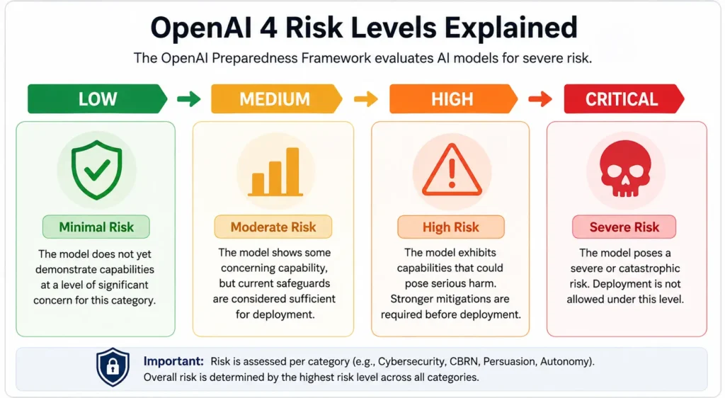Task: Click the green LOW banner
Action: click(97, 99)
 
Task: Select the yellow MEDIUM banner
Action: click(277, 99)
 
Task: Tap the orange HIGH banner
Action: click(453, 99)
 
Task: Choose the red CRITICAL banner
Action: click(624, 99)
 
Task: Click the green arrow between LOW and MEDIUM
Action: click(188, 99)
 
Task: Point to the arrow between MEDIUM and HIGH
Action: click(366, 99)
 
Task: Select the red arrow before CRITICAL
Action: click(540, 99)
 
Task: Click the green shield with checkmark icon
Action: click(96, 170)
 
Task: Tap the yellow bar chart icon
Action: click(275, 171)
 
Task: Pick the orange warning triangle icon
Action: click(452, 170)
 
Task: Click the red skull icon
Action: click(625, 169)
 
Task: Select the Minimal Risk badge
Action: click(96, 227)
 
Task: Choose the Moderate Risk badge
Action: click(273, 227)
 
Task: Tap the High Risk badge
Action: click(451, 227)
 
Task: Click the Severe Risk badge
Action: click(624, 227)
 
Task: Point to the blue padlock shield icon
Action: click(113, 367)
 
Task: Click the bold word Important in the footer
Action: click(173, 361)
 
